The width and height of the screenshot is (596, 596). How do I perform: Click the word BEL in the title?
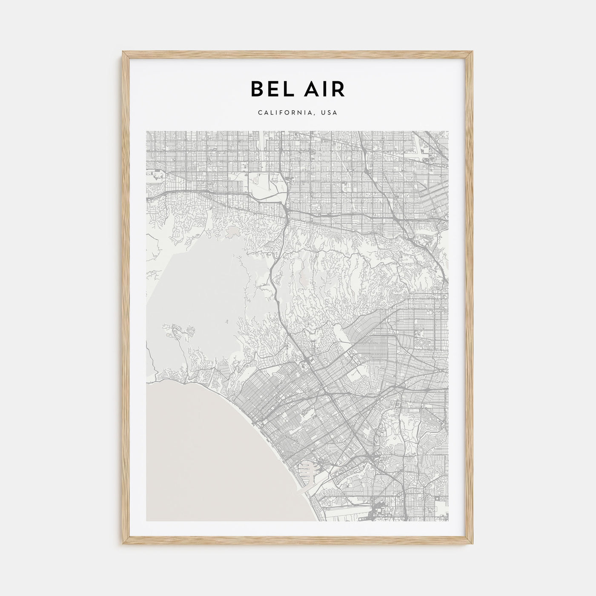click(x=270, y=89)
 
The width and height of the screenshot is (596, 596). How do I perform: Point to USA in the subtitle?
click(x=330, y=113)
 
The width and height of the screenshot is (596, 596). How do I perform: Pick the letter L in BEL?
click(x=285, y=89)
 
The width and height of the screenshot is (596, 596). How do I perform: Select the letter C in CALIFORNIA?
click(x=260, y=113)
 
